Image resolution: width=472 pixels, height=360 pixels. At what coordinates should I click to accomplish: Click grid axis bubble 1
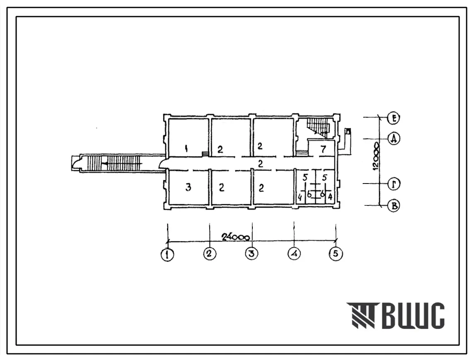(167, 255)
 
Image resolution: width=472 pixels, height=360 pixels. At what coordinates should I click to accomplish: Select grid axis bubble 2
(210, 254)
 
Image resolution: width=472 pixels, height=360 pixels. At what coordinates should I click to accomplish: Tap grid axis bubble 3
(252, 254)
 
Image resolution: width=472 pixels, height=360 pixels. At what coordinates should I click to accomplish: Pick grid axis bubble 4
(294, 254)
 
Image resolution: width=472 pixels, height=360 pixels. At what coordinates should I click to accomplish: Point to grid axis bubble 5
(336, 254)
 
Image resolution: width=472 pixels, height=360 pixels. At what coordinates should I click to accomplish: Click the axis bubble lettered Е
(393, 118)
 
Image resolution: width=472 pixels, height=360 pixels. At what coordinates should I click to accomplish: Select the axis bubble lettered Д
(393, 139)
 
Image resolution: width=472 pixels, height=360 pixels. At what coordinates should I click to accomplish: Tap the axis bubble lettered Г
(393, 184)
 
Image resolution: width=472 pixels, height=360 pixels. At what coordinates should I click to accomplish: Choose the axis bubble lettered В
(394, 206)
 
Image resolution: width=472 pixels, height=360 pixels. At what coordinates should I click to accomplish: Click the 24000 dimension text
(236, 237)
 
